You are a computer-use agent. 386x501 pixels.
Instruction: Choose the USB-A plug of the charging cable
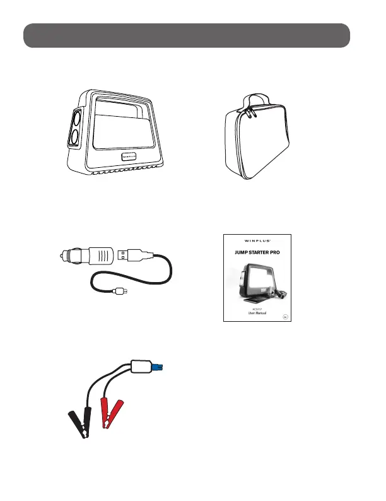[130, 254]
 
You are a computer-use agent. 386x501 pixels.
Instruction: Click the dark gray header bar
[187, 36]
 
